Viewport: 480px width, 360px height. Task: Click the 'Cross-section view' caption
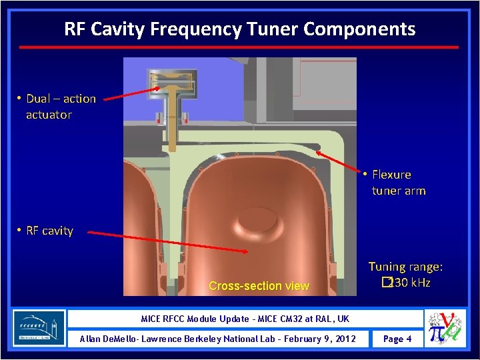point(259,286)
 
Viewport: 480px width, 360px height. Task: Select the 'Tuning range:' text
point(405,267)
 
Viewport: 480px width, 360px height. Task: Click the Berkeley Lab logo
point(39,328)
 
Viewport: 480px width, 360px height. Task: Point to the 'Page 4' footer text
point(397,339)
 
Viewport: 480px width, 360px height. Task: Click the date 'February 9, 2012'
point(313,339)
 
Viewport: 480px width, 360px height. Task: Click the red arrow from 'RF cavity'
point(167,243)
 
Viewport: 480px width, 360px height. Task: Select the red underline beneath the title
point(239,47)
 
